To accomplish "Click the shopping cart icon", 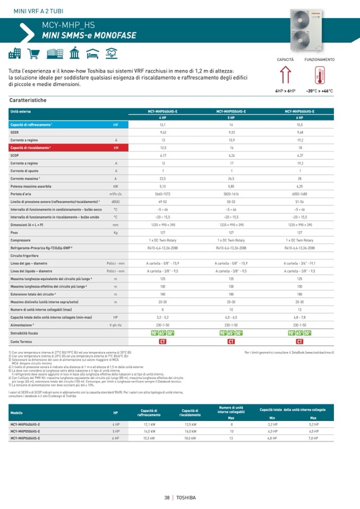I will tap(33, 53).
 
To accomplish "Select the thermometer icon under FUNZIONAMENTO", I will tap(319, 77).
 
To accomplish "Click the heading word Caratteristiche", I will tap(28, 100).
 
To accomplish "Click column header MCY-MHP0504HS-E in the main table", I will tap(231, 111).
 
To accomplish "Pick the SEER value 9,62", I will tap(163, 132).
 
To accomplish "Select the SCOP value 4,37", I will tap(300, 156).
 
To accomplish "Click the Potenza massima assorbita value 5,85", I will tap(231, 187).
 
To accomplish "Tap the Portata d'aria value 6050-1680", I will tap(300, 194).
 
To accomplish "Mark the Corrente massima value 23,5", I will tap(163, 179).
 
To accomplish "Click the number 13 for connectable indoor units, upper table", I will tap(300, 310).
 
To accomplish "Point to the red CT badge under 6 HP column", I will tap(300, 341).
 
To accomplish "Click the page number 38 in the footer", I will tap(167, 497).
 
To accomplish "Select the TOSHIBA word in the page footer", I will tap(186, 497).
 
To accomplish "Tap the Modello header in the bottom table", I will tap(16, 412).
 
